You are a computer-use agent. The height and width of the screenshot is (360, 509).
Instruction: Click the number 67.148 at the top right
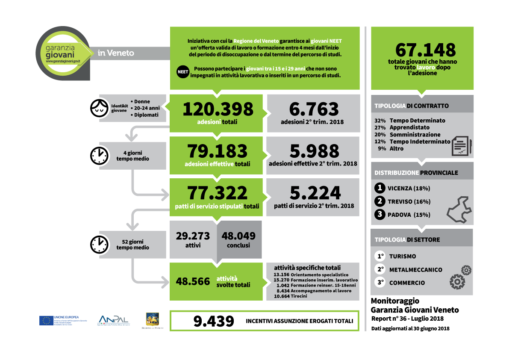click(425, 50)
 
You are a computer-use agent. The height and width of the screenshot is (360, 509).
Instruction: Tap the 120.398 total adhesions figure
click(218, 109)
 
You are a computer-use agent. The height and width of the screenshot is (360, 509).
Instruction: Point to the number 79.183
click(218, 151)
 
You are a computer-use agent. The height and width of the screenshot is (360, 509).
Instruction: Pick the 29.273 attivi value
click(193, 236)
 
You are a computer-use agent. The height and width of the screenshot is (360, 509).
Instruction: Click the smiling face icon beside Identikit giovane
click(100, 108)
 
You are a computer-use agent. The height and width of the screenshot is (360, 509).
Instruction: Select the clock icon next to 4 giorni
click(99, 156)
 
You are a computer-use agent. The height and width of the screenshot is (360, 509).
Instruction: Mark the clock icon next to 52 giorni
click(99, 244)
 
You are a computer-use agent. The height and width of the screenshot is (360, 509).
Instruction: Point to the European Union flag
click(46, 321)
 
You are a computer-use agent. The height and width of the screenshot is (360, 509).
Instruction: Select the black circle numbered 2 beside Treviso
click(379, 201)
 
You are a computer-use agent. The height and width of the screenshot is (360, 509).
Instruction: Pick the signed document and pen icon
click(462, 146)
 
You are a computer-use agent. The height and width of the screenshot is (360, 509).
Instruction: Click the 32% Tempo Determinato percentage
click(380, 121)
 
